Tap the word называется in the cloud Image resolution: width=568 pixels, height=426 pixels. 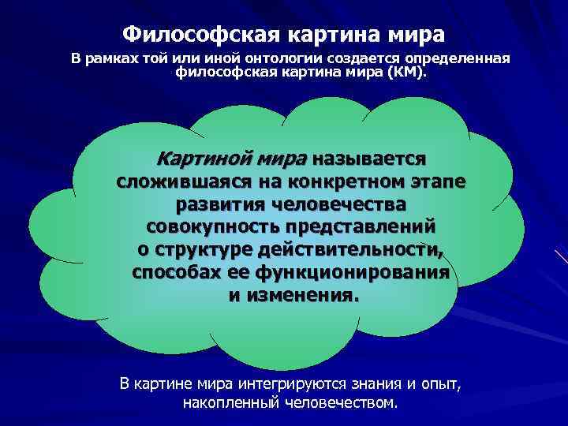click(369, 158)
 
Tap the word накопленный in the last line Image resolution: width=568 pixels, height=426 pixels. click(224, 403)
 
